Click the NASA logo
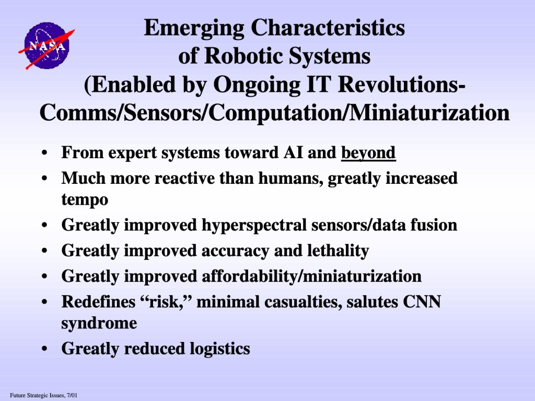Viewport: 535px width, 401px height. click(46, 46)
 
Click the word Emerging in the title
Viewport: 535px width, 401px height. click(194, 29)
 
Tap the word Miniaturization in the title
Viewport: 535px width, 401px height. click(429, 113)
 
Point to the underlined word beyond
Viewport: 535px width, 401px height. click(368, 153)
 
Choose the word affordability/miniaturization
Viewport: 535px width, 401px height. click(311, 277)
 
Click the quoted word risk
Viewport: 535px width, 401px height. click(166, 302)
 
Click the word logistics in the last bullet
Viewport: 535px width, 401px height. click(220, 349)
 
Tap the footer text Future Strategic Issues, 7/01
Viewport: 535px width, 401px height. click(43, 396)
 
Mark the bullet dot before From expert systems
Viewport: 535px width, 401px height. click(44, 154)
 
